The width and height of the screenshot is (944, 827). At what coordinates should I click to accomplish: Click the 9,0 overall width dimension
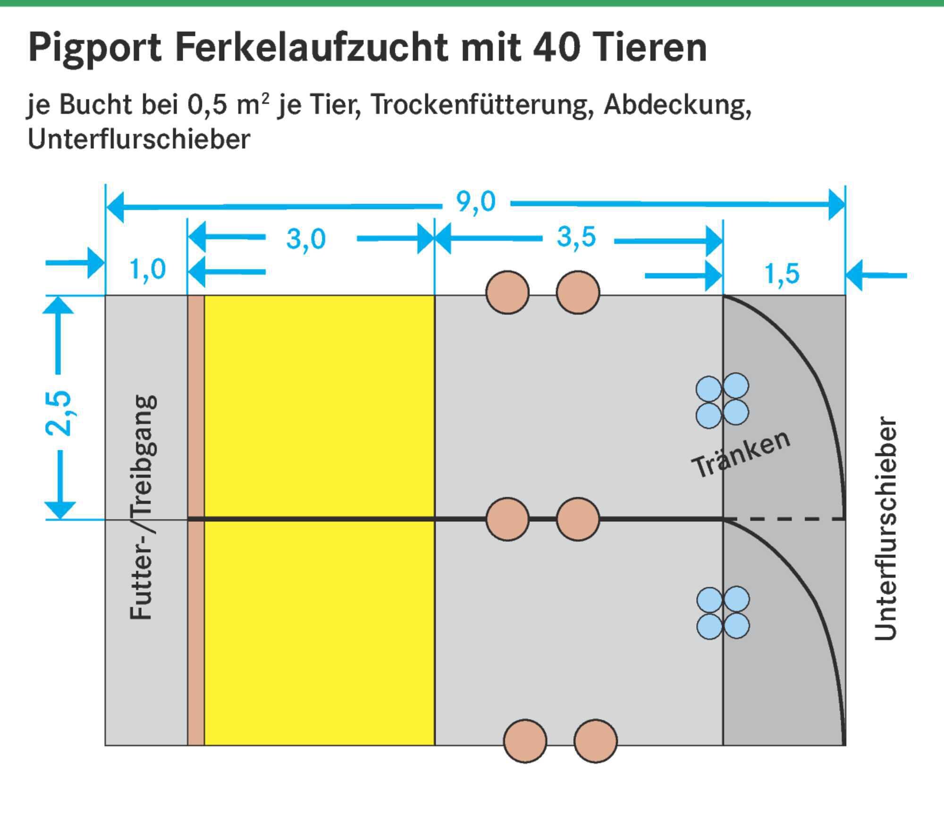[476, 202]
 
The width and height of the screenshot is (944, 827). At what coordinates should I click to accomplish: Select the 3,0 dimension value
[306, 239]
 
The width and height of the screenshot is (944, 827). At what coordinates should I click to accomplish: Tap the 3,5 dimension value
[576, 237]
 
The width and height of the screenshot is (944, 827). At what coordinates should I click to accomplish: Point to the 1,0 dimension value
[147, 270]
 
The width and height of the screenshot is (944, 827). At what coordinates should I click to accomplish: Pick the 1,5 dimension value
[782, 274]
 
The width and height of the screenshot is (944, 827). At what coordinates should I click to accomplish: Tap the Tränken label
[741, 453]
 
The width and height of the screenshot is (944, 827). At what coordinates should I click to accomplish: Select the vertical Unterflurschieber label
[885, 528]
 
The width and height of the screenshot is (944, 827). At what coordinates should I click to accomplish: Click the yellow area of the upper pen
[320, 407]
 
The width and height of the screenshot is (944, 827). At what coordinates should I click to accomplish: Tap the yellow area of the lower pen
[320, 633]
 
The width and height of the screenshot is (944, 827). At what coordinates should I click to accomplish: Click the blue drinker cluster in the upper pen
[723, 401]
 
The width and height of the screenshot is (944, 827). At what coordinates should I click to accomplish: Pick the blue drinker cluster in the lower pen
[723, 613]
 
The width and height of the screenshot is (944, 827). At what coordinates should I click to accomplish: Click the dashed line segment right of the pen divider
[784, 519]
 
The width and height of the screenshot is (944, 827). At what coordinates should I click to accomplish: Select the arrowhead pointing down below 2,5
[60, 510]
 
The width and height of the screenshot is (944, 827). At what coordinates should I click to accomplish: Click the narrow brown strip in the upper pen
[196, 407]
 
